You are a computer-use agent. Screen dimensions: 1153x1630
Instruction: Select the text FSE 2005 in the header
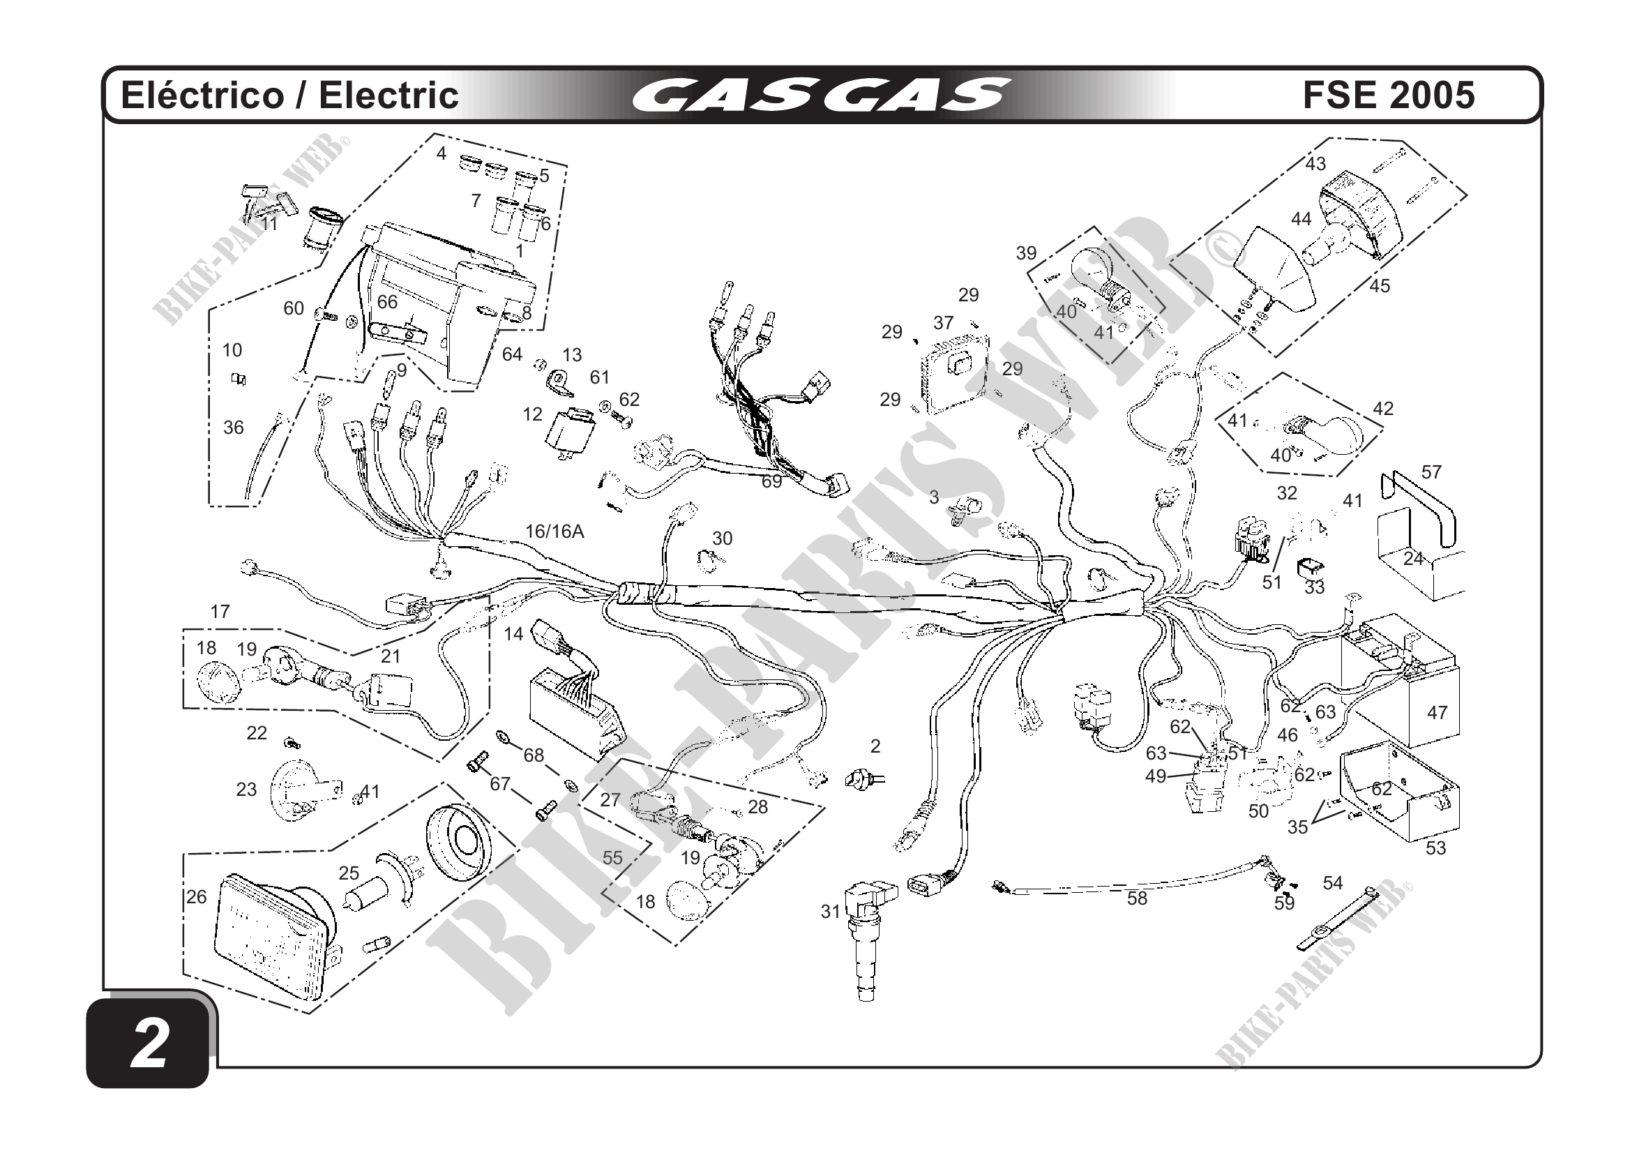1389,95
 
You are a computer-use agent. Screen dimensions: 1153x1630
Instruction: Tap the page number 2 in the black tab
149,1043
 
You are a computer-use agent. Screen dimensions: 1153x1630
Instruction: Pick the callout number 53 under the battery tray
1435,847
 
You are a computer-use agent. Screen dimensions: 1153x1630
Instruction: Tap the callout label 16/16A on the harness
554,531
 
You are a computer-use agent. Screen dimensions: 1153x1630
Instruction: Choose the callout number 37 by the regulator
943,323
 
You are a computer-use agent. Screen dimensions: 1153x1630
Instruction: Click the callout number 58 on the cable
1137,899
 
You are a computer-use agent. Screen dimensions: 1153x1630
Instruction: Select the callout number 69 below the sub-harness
771,481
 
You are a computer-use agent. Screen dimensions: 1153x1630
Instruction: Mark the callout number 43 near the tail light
1315,164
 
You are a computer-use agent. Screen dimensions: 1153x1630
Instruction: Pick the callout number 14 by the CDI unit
513,634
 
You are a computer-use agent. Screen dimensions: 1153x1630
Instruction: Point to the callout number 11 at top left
269,224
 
